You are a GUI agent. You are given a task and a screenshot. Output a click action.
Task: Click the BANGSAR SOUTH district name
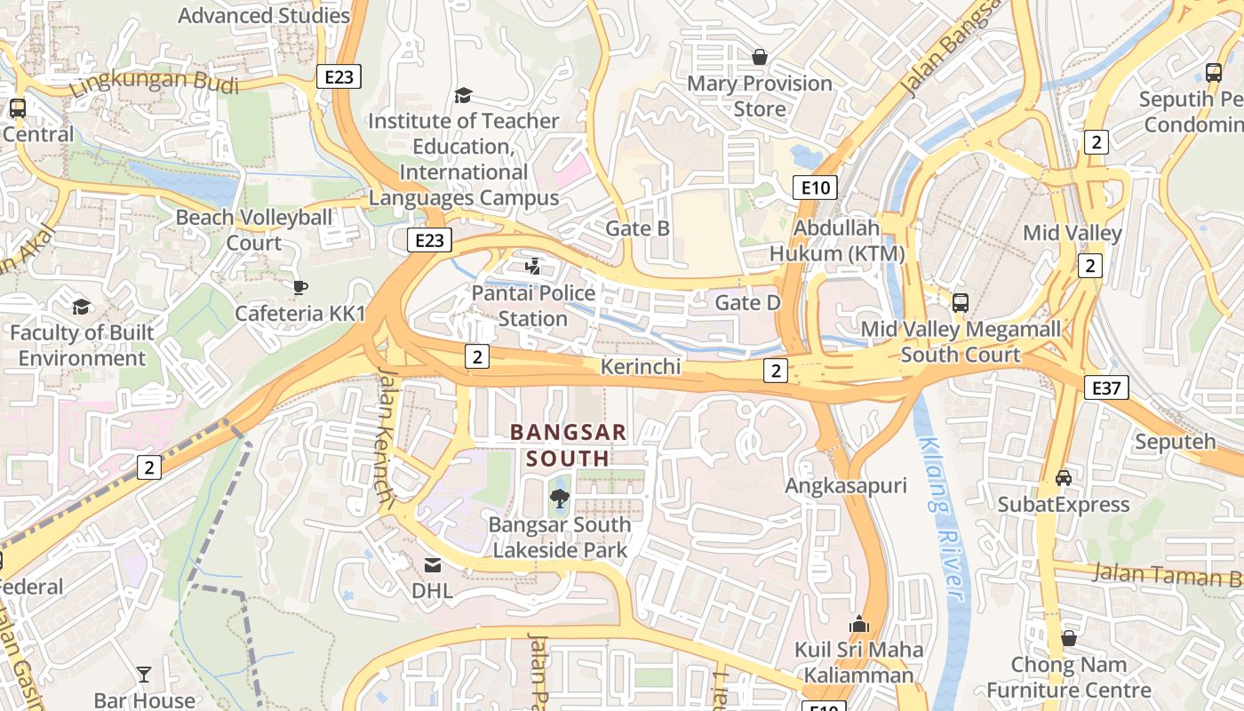(x=569, y=445)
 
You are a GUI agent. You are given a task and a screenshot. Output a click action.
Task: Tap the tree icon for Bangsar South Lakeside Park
(x=559, y=499)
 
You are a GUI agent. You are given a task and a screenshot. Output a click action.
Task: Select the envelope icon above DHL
(x=433, y=564)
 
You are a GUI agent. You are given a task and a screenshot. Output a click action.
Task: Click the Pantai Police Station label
(x=533, y=306)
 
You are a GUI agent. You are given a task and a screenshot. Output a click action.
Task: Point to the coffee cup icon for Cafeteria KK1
(x=300, y=287)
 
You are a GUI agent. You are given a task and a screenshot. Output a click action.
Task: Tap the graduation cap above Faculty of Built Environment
(x=82, y=307)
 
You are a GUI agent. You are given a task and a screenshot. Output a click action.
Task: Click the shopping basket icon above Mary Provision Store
(x=760, y=57)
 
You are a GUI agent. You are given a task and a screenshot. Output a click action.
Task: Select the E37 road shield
(x=1106, y=387)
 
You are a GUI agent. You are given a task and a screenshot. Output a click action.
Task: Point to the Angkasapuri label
(x=845, y=485)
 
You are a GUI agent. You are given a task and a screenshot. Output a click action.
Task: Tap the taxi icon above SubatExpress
(x=1064, y=478)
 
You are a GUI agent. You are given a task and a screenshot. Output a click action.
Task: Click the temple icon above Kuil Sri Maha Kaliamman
(x=858, y=624)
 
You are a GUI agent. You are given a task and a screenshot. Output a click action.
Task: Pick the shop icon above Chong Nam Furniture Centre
(x=1069, y=638)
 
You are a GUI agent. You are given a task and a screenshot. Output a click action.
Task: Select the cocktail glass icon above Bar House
(x=144, y=675)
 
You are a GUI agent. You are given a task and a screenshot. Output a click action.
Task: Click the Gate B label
(x=637, y=228)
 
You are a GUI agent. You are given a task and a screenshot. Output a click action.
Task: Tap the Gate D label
(x=747, y=303)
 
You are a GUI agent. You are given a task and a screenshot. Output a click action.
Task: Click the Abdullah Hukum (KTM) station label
(x=836, y=241)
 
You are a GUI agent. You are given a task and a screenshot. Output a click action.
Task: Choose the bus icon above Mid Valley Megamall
(x=961, y=303)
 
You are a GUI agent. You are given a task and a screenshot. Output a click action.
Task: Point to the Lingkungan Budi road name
(x=141, y=83)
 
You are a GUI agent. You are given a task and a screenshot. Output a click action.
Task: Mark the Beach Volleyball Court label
(x=254, y=230)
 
